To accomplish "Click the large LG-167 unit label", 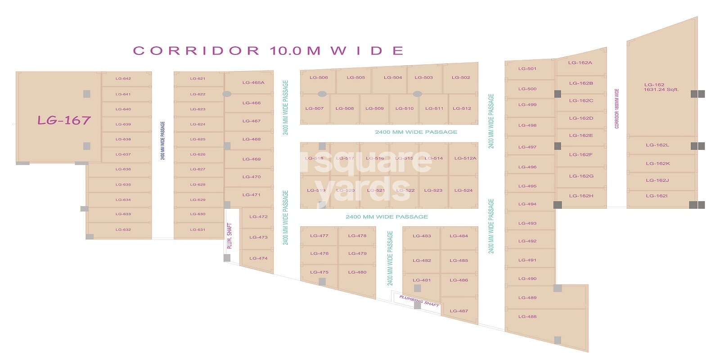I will point(64,120).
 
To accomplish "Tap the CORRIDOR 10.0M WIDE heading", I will point(268,50).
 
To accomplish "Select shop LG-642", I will point(123,79).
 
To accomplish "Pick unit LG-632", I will point(123,229).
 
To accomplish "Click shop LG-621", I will point(198,79).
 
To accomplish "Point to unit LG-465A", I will point(253,83).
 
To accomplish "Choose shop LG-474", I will point(258,258).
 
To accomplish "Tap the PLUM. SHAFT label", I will point(229,236).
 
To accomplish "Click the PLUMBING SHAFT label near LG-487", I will point(419,301).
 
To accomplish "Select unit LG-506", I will point(319,77).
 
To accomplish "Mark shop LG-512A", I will point(465,158).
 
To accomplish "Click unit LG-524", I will point(463,190).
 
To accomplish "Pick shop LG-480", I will point(357,272).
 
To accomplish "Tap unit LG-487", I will point(459,311).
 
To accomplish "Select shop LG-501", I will point(527,69).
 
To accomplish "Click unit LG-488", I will point(527,317).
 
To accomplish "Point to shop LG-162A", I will point(580,63).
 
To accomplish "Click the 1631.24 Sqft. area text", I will point(661,90).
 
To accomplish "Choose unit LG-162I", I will point(657,196).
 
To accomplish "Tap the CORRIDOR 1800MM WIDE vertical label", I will point(617,108).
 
